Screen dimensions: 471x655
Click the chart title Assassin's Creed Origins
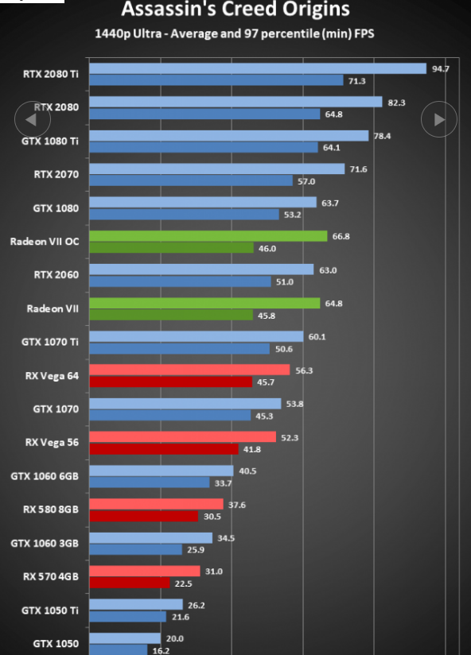click(235, 9)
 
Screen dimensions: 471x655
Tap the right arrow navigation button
click(439, 119)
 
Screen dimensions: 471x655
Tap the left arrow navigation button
click(33, 119)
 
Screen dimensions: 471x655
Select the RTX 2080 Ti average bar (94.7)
click(258, 69)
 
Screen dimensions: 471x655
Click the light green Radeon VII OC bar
click(208, 236)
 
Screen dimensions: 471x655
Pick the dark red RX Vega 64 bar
click(170, 382)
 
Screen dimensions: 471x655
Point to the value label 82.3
click(396, 103)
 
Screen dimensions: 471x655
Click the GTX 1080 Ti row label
click(50, 141)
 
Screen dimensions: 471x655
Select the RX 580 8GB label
click(51, 510)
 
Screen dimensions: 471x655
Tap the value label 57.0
click(306, 182)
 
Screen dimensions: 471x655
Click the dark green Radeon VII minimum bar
click(171, 315)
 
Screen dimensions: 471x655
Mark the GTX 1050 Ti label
click(50, 610)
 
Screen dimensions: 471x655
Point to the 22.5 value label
click(183, 583)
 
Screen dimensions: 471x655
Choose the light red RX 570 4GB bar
click(145, 571)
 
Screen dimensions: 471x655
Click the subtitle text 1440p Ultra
click(128, 33)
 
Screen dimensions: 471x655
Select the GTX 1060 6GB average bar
click(162, 471)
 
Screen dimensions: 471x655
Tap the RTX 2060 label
click(56, 275)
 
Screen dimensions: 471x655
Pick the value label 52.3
click(290, 438)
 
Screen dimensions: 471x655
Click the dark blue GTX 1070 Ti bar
click(179, 348)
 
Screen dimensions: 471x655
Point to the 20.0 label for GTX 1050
click(175, 639)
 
